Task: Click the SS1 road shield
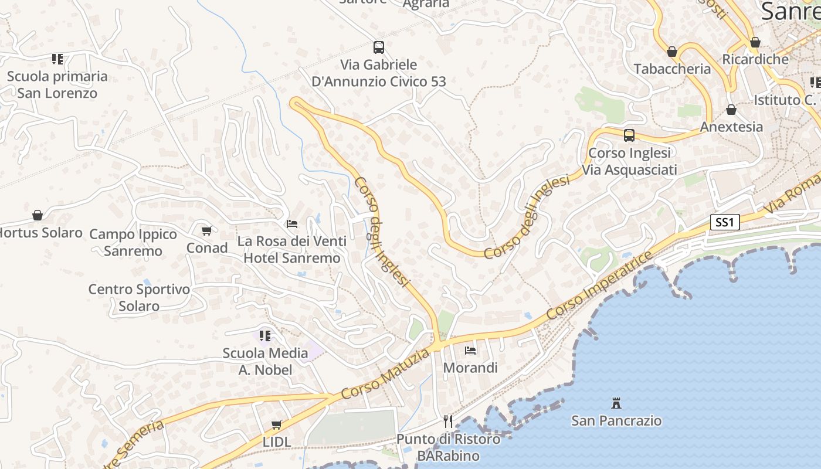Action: [x=725, y=222]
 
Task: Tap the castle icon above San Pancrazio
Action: [x=616, y=403]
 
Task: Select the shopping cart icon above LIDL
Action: [x=277, y=424]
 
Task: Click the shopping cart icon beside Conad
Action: [x=206, y=230]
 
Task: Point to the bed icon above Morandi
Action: [x=470, y=351]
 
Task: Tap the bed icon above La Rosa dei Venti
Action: [x=291, y=223]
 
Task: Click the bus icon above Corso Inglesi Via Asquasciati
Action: [x=629, y=135]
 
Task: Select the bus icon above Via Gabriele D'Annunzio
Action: [x=379, y=47]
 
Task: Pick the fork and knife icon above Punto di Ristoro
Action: [x=448, y=421]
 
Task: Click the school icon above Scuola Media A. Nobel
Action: [x=265, y=336]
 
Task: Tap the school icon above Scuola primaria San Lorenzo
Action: [x=57, y=59]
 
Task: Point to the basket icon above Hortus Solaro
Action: [x=38, y=215]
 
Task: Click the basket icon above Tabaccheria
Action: [x=672, y=52]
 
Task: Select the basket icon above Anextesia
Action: [x=731, y=110]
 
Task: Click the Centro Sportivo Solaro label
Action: [x=140, y=297]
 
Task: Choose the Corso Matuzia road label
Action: [x=385, y=375]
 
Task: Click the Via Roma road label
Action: [x=792, y=194]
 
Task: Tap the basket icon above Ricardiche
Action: [x=755, y=42]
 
